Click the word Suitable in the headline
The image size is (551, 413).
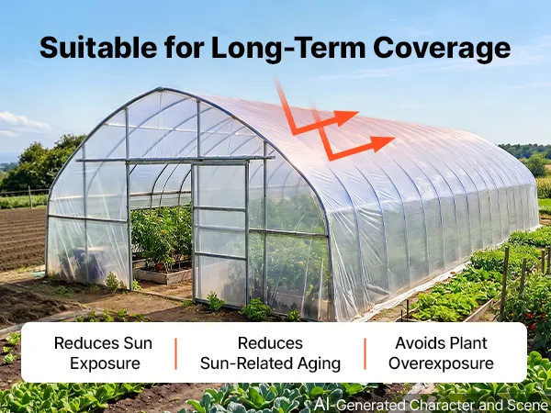98,47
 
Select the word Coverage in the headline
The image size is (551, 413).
442,50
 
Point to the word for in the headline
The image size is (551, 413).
185,47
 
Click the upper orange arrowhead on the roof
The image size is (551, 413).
345,117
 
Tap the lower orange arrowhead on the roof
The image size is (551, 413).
382,143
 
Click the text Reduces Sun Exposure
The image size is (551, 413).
103,353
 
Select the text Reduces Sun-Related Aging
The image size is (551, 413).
270,353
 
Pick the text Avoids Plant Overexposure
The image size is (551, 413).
441,353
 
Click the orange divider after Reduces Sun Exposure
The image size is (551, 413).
175,353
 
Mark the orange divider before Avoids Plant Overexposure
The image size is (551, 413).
365,353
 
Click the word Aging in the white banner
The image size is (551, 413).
319,363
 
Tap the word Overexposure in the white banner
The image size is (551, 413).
441,363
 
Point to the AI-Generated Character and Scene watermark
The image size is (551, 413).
433,404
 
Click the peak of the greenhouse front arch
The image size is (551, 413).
160,88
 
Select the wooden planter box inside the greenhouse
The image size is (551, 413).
162,275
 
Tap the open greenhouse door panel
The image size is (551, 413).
220,233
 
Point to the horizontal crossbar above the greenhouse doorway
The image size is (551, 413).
175,160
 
